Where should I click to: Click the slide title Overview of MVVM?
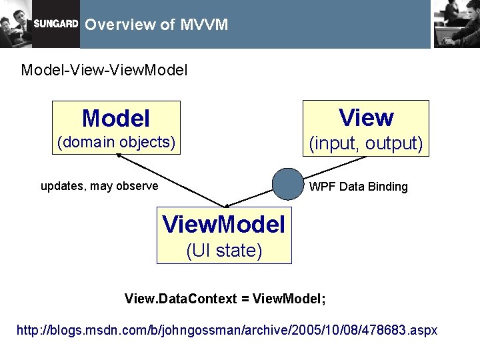(x=157, y=25)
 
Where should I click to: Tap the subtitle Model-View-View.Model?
(x=104, y=69)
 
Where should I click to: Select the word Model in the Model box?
(x=115, y=119)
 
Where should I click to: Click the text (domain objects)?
(x=116, y=142)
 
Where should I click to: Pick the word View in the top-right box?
(x=366, y=117)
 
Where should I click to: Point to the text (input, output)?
(x=365, y=143)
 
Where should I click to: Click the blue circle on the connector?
(x=288, y=184)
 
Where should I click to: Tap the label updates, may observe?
(x=99, y=186)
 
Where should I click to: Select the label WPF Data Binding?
(x=358, y=187)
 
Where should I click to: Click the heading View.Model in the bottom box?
(x=224, y=225)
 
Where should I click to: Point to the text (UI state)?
(x=224, y=251)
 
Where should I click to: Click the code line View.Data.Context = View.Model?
(x=225, y=299)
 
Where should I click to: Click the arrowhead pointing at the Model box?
(x=119, y=156)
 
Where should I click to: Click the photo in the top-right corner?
(x=456, y=23)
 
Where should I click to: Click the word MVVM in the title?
(x=204, y=25)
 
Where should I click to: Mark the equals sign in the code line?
(x=245, y=299)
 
